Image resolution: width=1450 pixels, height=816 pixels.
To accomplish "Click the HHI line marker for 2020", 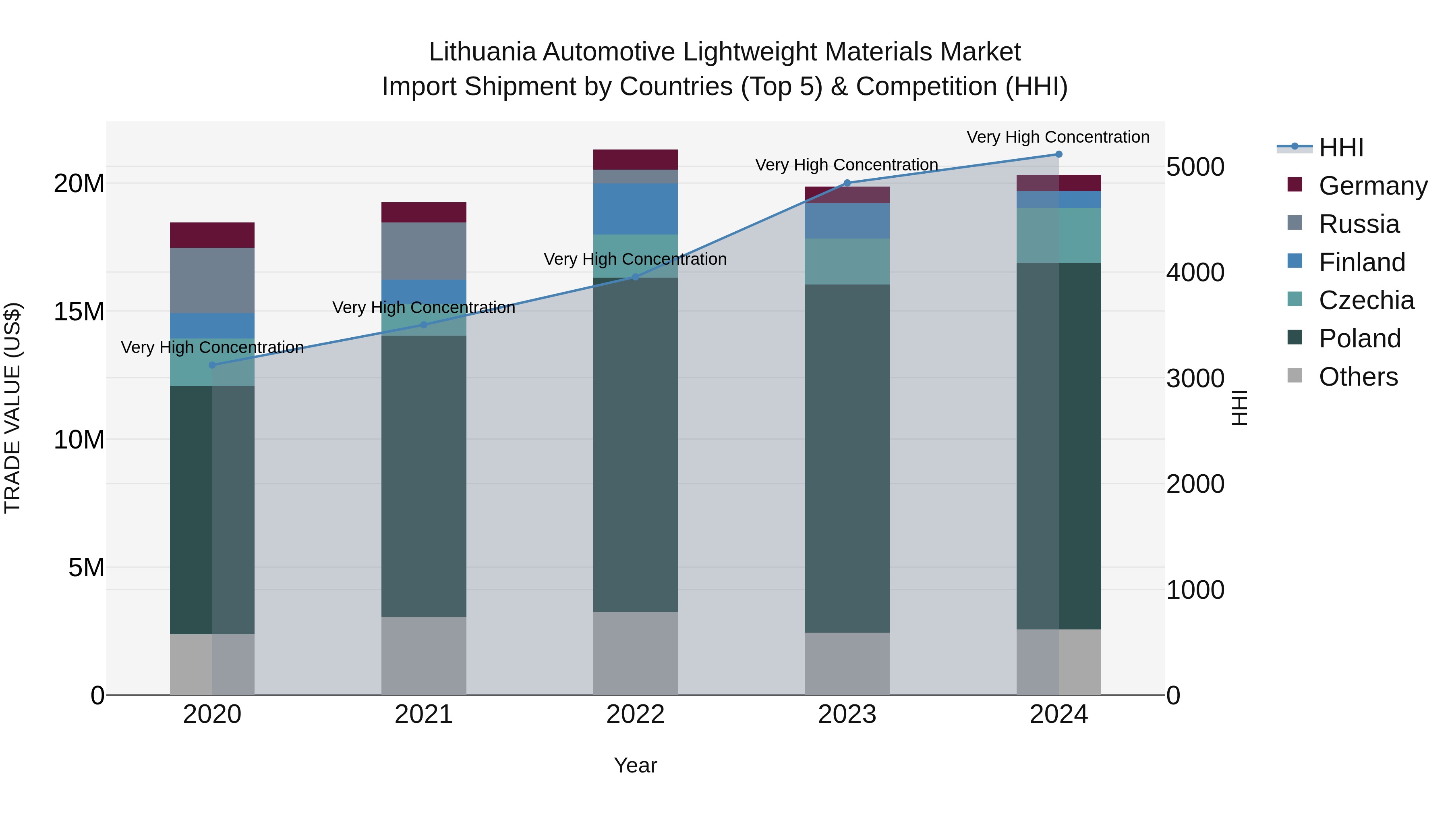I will (x=212, y=365).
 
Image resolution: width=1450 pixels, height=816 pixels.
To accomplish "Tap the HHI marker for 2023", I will (x=847, y=183).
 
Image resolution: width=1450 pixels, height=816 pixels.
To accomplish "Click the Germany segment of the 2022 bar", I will (x=636, y=159).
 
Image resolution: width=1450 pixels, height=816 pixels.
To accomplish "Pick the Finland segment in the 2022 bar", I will (x=636, y=208).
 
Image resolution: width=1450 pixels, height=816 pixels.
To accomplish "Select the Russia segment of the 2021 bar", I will (x=424, y=251).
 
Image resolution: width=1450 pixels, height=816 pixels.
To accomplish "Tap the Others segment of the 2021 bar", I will (x=424, y=656).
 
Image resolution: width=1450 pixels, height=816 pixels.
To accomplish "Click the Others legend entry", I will (x=1358, y=377).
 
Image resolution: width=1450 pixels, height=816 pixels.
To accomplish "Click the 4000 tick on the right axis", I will (x=1195, y=272).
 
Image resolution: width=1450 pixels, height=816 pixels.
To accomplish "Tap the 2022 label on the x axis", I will (x=636, y=714).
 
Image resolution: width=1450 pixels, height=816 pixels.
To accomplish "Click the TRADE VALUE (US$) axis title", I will (x=12, y=408).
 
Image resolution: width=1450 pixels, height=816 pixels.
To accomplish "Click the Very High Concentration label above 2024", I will (x=1058, y=137).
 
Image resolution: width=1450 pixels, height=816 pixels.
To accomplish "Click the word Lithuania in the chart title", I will (x=482, y=52).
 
